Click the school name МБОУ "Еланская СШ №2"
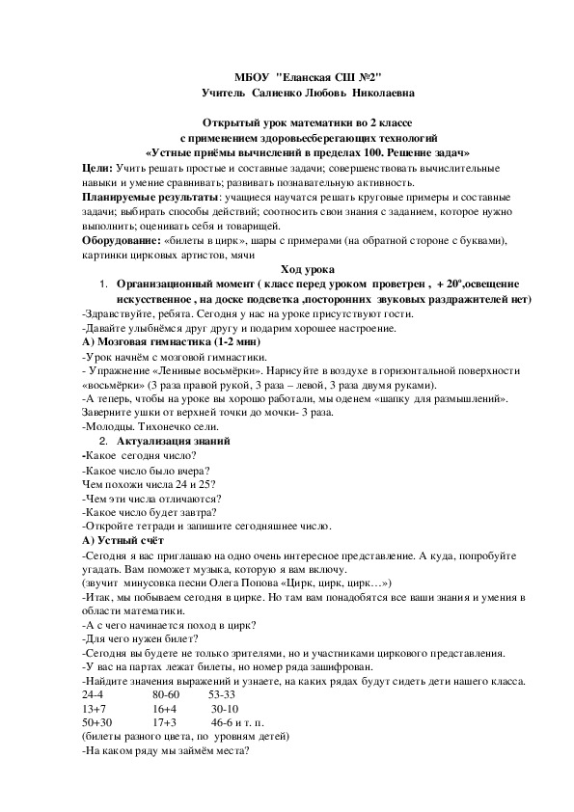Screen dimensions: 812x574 [x=314, y=77]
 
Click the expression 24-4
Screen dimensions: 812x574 [x=95, y=694]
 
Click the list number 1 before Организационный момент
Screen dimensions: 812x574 [x=103, y=284]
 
